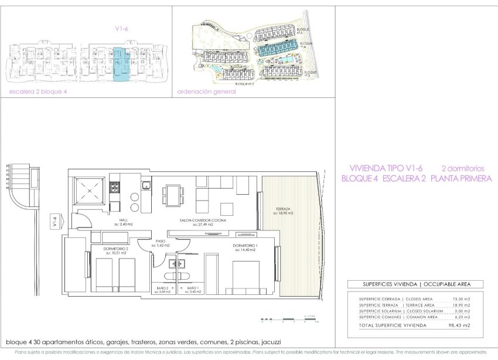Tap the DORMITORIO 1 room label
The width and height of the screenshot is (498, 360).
(245, 245)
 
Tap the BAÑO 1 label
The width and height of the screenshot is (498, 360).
(192, 288)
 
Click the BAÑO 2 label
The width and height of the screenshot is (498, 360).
(162, 288)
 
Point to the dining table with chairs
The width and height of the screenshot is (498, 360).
(173, 193)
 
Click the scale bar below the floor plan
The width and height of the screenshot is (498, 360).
(284, 321)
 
